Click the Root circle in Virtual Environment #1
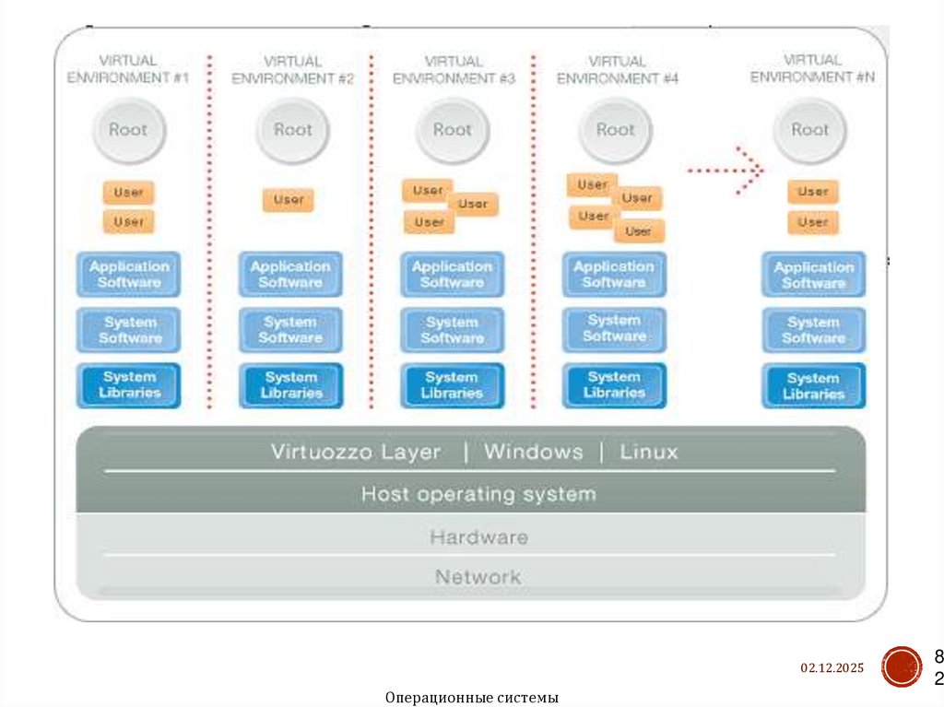(x=128, y=131)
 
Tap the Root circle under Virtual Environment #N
(x=810, y=131)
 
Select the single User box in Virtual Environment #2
(x=289, y=200)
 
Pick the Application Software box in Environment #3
(x=452, y=275)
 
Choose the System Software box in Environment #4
(x=614, y=329)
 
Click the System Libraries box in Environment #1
(x=129, y=385)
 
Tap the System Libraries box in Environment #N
(x=813, y=386)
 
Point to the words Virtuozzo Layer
(x=356, y=453)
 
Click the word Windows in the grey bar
(x=534, y=453)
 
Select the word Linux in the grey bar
(x=649, y=453)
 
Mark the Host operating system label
(x=478, y=494)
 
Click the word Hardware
(x=478, y=537)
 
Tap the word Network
(x=478, y=578)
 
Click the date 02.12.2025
(x=832, y=667)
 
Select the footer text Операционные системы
(x=472, y=698)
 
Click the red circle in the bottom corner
(x=901, y=666)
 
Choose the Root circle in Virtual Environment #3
(x=453, y=131)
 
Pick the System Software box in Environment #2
(x=290, y=330)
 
